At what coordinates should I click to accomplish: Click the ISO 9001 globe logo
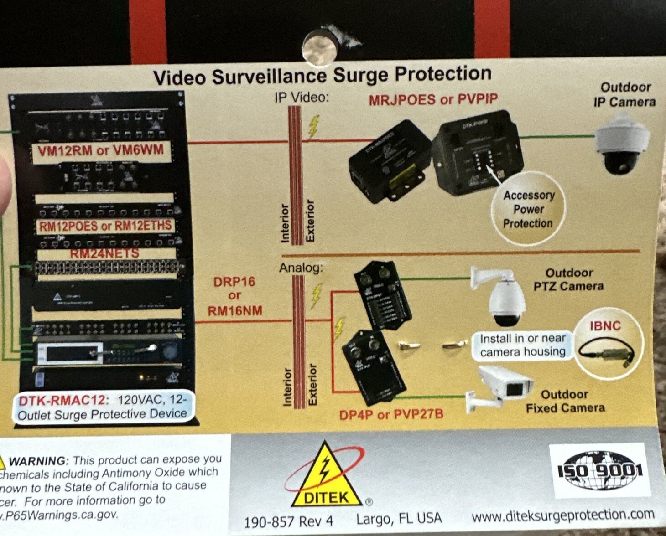tap(599, 470)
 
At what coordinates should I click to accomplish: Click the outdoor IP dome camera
tap(621, 144)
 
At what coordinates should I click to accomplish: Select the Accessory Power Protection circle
tap(528, 209)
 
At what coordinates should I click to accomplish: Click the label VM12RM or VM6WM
tap(101, 150)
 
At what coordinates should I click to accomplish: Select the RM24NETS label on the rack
tap(104, 253)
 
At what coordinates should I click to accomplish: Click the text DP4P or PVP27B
tap(391, 415)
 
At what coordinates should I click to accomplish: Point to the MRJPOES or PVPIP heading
tap(433, 99)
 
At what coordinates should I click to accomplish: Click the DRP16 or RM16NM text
tap(234, 296)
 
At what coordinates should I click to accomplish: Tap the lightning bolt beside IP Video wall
tap(313, 126)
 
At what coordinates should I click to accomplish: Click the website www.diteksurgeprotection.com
tap(563, 515)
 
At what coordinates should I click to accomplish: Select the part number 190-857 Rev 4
tap(288, 521)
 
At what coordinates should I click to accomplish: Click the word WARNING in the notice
tap(39, 460)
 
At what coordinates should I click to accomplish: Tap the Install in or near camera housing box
tap(522, 345)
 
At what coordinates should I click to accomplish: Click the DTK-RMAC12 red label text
tap(63, 401)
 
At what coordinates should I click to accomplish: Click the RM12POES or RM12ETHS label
tap(105, 226)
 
